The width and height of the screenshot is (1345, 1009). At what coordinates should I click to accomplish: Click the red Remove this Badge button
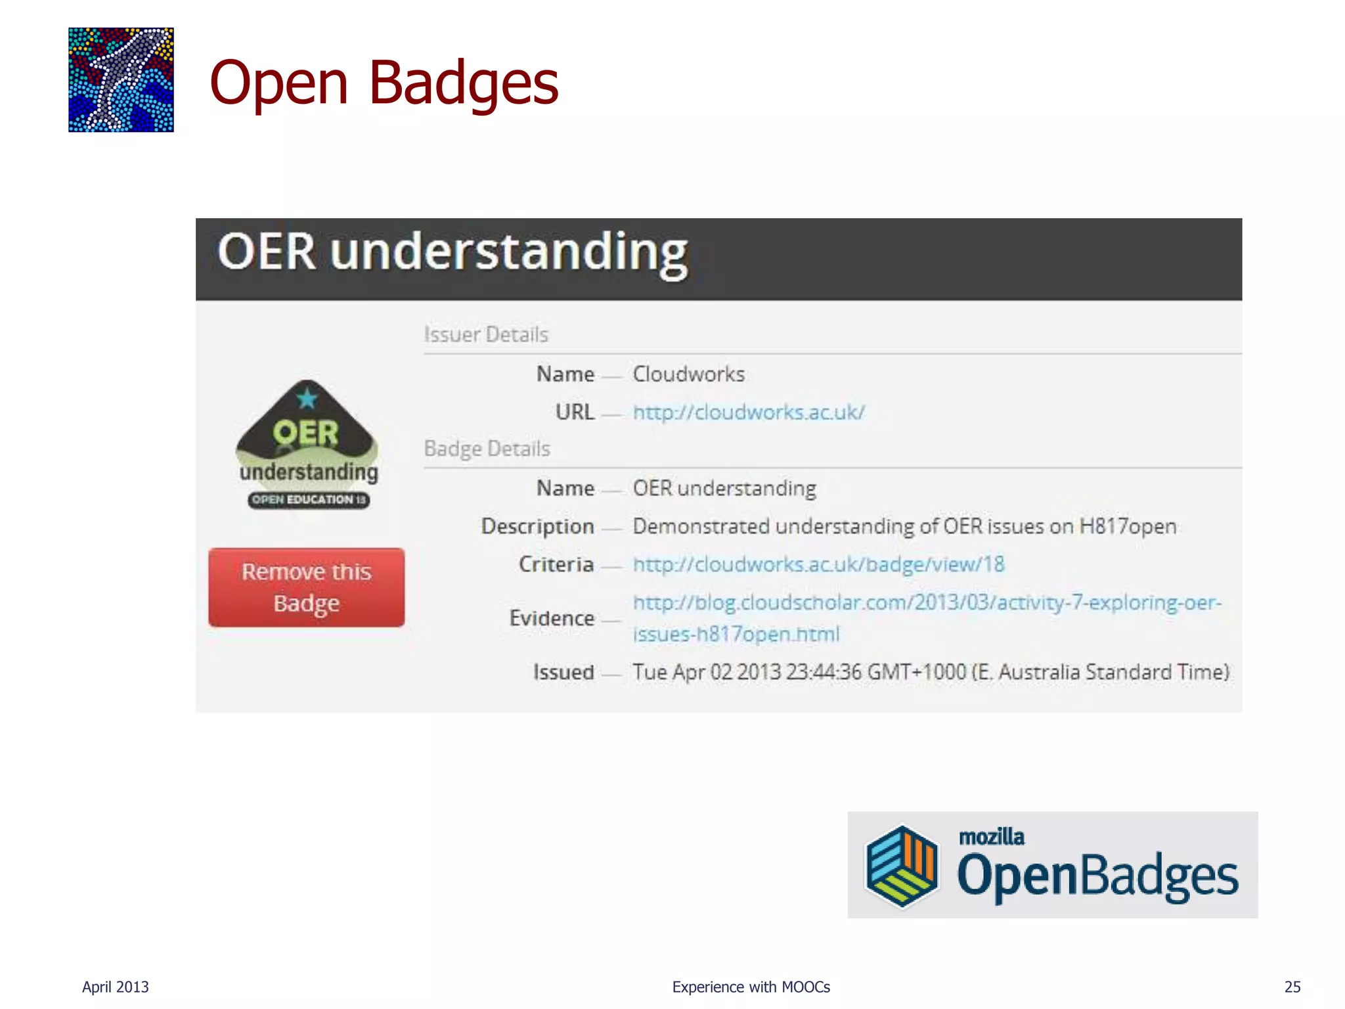click(x=306, y=587)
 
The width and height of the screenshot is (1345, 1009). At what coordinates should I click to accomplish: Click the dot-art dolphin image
click(x=121, y=79)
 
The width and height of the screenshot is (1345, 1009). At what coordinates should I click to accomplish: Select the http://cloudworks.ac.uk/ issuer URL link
click(x=749, y=413)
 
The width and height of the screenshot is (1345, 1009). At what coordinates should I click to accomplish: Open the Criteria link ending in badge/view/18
click(x=818, y=564)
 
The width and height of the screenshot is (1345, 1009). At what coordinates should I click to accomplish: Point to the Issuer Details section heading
click(x=486, y=334)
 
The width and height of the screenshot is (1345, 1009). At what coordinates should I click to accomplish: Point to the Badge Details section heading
click(x=487, y=449)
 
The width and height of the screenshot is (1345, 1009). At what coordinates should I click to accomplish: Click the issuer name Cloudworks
click(x=688, y=374)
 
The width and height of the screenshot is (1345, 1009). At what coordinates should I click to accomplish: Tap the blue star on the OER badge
click(x=307, y=398)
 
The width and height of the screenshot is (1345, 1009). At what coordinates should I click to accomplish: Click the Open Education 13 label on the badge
click(x=309, y=500)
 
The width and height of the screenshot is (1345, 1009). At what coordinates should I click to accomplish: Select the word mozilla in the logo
click(x=991, y=837)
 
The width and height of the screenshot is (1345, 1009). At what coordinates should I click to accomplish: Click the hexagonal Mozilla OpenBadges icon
click(x=902, y=866)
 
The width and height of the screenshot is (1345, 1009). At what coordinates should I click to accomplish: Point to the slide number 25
click(x=1292, y=987)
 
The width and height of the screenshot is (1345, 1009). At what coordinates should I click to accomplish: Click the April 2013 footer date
click(x=116, y=987)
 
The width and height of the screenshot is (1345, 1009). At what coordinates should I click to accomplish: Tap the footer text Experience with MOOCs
click(x=751, y=987)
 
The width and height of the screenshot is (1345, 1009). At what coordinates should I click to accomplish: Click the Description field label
click(x=537, y=526)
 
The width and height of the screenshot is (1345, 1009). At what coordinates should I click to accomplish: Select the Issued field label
click(x=563, y=672)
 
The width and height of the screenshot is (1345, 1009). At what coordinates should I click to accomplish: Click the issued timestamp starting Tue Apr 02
click(x=931, y=672)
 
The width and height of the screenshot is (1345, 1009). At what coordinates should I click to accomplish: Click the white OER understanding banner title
click(x=452, y=253)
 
